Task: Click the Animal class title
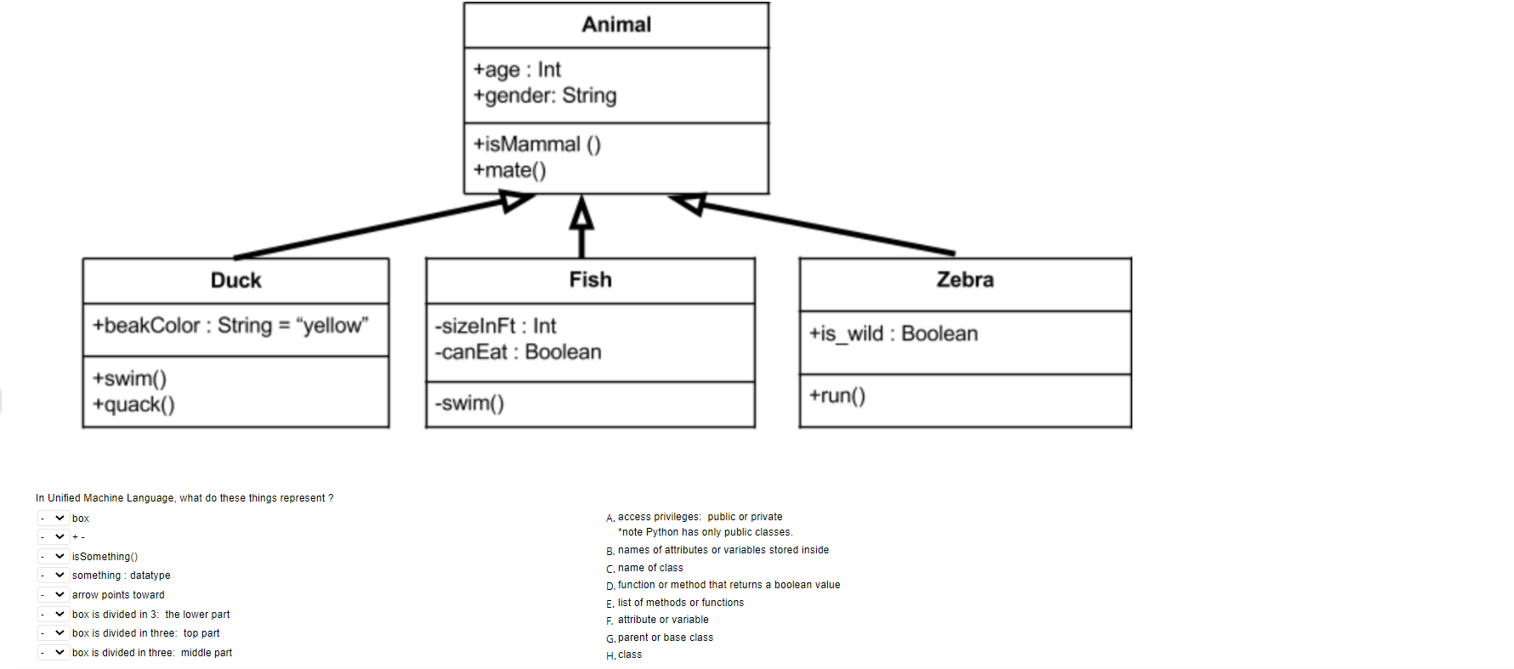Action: coord(616,25)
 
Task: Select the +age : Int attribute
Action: coord(517,70)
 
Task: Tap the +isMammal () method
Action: coord(536,145)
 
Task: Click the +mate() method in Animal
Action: coord(509,171)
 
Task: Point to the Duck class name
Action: coord(235,281)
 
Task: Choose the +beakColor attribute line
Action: coord(230,326)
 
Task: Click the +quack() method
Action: coord(133,405)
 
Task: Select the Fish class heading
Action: coord(590,280)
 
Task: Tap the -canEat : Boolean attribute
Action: coord(518,353)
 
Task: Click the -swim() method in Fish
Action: coord(469,404)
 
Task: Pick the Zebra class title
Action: coord(965,280)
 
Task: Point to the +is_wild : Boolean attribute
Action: coord(893,334)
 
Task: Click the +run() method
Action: coord(836,396)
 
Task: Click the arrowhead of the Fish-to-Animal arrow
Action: coord(581,212)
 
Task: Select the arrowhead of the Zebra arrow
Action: coord(689,203)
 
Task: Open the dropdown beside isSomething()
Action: coord(53,557)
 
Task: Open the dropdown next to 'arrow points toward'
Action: coord(53,595)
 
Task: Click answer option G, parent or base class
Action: coord(665,638)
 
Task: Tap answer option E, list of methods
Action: coord(680,603)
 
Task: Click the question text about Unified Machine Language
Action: coord(184,498)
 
